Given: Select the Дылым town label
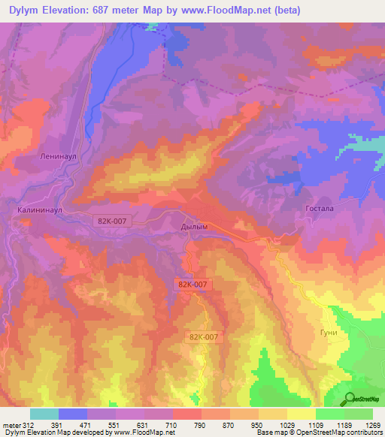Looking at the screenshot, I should click(194, 226).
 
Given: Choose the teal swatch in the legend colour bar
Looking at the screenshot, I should click(44, 414).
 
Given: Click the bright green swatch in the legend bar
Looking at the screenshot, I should click(329, 414).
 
